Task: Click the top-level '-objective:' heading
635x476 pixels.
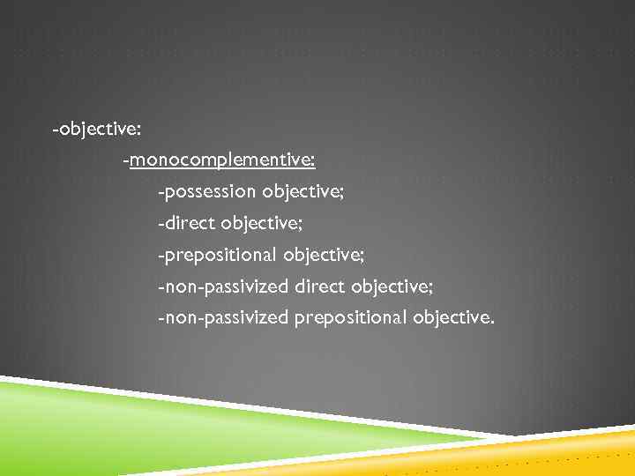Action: tap(95, 130)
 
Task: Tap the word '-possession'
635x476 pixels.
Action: tap(206, 190)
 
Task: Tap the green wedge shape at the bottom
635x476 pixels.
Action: tap(132, 423)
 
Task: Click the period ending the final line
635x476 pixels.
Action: tap(492, 322)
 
